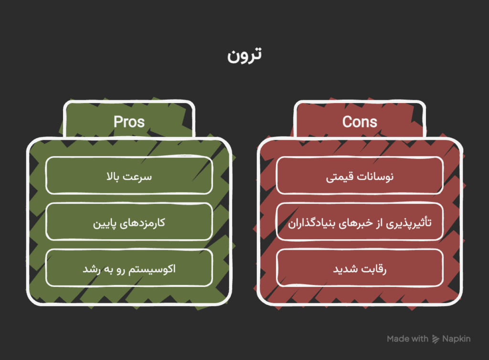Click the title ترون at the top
click(x=244, y=55)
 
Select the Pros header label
click(x=129, y=122)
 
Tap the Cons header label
click(x=360, y=122)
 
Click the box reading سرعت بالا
click(x=129, y=176)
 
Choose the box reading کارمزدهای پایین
click(x=129, y=222)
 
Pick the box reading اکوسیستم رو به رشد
click(x=129, y=268)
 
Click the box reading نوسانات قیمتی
click(x=360, y=176)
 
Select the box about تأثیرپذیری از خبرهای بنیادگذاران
click(x=360, y=222)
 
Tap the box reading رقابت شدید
click(x=360, y=268)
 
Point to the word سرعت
click(x=137, y=177)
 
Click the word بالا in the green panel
click(x=113, y=176)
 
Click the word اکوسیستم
click(x=152, y=269)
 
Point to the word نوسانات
click(x=375, y=176)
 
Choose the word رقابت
click(x=373, y=269)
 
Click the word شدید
click(x=345, y=269)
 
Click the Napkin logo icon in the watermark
click(x=436, y=339)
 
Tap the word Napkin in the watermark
click(x=456, y=339)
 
